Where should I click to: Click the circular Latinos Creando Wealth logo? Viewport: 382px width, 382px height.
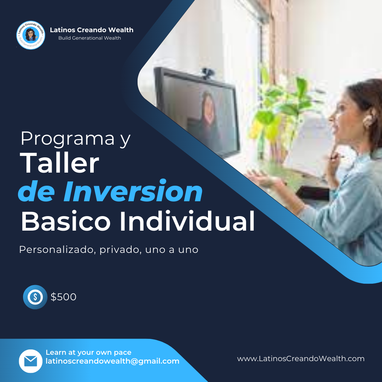31,35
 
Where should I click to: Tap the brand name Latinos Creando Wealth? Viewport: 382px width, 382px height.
92,30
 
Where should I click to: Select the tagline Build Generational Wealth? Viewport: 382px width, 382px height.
89,38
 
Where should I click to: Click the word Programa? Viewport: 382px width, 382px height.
68,138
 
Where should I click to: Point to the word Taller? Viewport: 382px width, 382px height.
59,163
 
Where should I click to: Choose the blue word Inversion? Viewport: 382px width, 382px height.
133,191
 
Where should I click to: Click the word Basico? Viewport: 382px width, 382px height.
66,221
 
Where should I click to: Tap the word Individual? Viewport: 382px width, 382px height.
187,221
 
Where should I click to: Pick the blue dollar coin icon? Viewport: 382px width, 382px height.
35,297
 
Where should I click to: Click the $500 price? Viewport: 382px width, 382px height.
64,297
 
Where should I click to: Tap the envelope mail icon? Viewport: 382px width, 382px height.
31,361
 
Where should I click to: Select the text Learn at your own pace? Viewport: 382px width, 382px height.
88,353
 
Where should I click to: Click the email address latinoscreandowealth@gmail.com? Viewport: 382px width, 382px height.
112,361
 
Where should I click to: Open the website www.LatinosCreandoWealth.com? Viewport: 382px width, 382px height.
301,359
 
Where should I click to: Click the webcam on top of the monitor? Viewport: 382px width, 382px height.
208,73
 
